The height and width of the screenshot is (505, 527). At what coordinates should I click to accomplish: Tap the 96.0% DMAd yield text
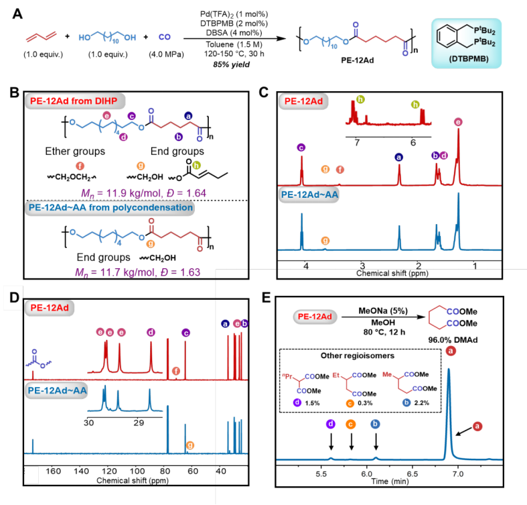[445, 340]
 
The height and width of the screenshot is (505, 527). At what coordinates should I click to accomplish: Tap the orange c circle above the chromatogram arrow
[351, 424]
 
